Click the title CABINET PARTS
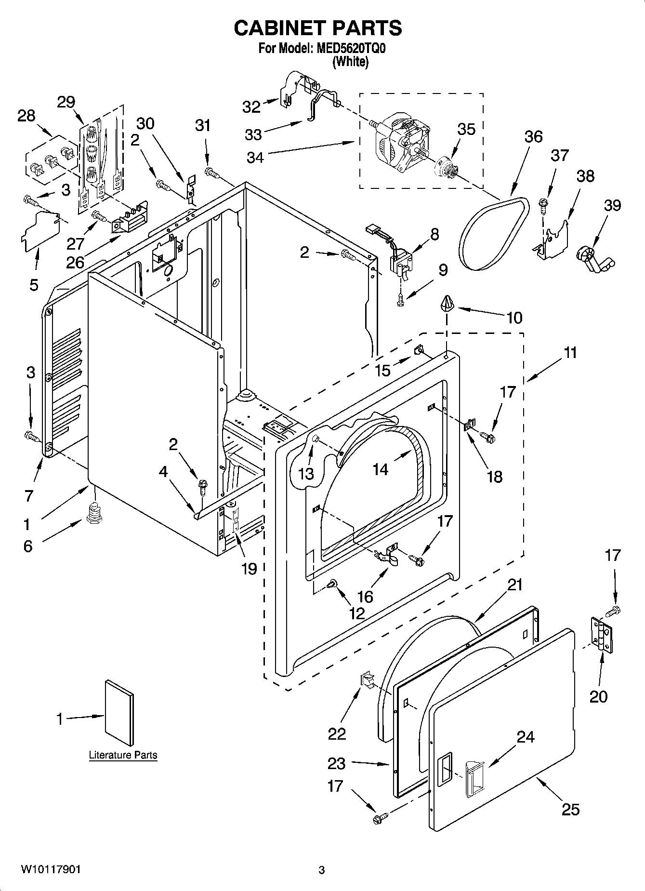pos(318,28)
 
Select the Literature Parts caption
pos(123,755)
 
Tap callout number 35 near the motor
pos(466,129)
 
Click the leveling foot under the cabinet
pos(95,512)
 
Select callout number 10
pos(514,318)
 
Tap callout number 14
pos(381,468)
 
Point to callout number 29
pos(66,102)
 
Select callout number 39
pos(612,205)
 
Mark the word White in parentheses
pos(350,62)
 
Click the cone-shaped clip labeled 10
pos(447,304)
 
